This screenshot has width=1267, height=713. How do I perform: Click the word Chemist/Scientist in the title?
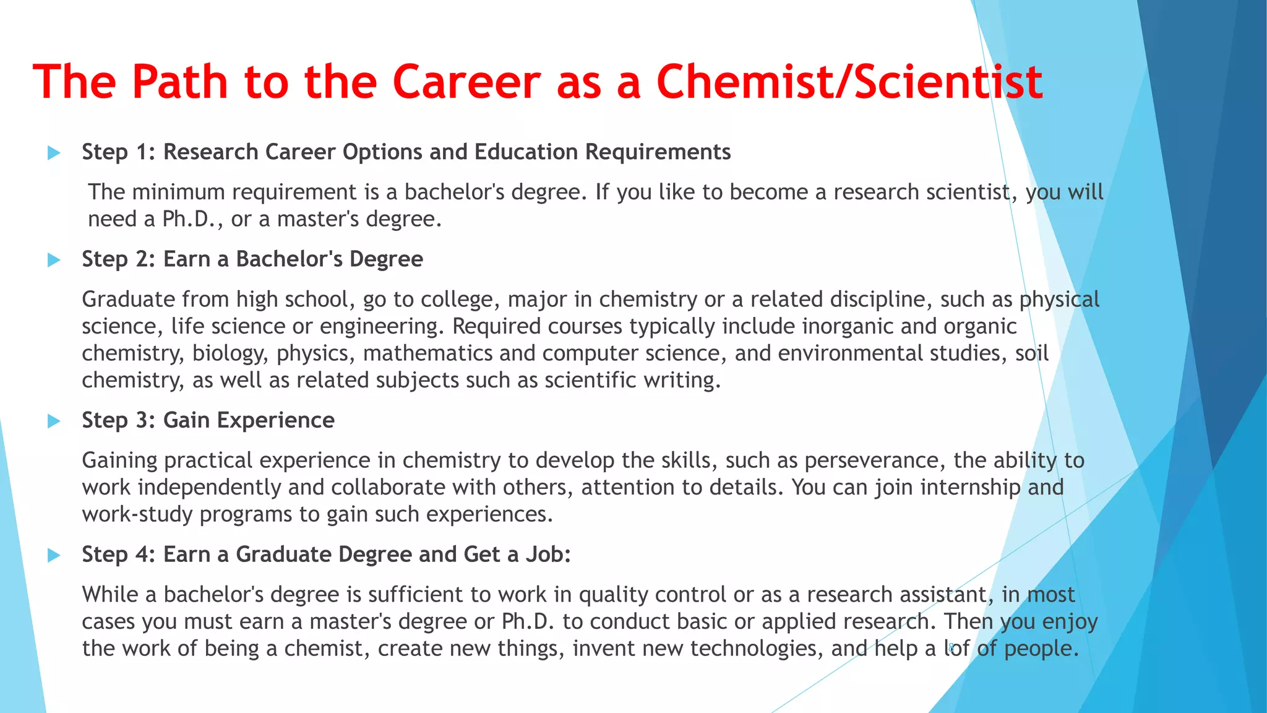pyautogui.click(x=849, y=82)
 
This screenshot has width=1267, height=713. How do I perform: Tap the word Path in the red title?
pyautogui.click(x=179, y=82)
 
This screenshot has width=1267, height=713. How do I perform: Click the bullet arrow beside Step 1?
pyautogui.click(x=54, y=152)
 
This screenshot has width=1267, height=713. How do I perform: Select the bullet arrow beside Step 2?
pyautogui.click(x=54, y=260)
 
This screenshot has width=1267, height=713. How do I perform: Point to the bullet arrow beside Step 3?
pyautogui.click(x=54, y=421)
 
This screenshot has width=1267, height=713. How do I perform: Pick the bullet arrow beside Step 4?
pyautogui.click(x=54, y=555)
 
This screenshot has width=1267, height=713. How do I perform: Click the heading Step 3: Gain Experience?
pyautogui.click(x=208, y=420)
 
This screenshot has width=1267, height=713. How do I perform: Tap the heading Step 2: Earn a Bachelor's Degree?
pyautogui.click(x=252, y=259)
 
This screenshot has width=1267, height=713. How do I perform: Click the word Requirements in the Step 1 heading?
pyautogui.click(x=658, y=152)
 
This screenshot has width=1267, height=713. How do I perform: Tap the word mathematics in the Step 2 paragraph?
pyautogui.click(x=427, y=353)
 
